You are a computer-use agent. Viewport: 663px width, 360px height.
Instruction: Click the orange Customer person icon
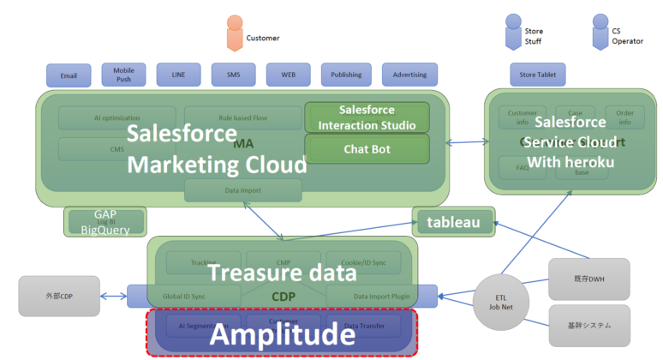[x=234, y=33]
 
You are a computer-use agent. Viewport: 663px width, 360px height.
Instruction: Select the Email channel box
[x=69, y=75]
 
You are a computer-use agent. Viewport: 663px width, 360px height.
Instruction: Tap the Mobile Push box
[x=123, y=75]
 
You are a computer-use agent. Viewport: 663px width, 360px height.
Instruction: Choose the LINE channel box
[x=178, y=75]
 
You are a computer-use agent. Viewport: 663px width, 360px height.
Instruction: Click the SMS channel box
[x=234, y=75]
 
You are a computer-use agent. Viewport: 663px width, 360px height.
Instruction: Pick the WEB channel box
[x=289, y=75]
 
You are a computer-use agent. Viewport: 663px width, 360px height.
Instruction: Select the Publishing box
[x=346, y=75]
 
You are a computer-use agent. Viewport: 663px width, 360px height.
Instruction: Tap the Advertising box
[x=409, y=75]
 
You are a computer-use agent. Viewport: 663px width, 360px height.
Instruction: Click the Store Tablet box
[x=538, y=75]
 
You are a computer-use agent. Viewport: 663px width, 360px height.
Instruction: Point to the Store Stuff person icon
[x=513, y=32]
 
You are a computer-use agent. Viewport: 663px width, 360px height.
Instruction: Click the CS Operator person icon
[x=600, y=32]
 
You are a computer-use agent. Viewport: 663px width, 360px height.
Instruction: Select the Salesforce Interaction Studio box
[x=367, y=117]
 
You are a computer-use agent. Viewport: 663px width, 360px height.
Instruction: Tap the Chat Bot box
[x=367, y=149]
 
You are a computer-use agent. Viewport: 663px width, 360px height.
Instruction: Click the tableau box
[x=454, y=223]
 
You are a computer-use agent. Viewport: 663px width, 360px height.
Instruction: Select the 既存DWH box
[x=588, y=279]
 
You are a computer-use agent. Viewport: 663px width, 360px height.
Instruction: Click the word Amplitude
[x=283, y=334]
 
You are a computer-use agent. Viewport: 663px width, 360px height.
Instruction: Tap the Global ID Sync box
[x=183, y=297]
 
